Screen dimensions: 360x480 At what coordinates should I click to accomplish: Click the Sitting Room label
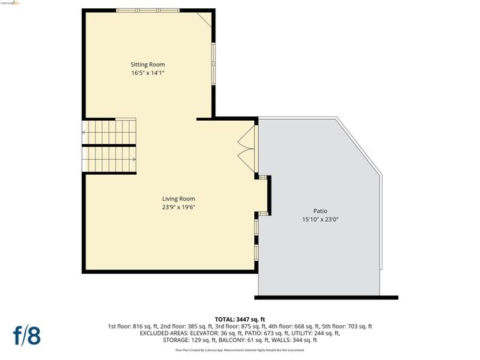(x=147, y=64)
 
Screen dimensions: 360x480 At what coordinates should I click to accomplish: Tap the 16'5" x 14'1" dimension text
(x=147, y=73)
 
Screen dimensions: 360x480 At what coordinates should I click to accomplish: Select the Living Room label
(x=178, y=199)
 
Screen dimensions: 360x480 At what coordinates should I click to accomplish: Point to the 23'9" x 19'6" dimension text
(x=178, y=207)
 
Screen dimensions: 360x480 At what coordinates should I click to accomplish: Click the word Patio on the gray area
(x=319, y=211)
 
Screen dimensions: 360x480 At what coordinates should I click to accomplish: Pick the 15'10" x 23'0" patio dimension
(x=319, y=220)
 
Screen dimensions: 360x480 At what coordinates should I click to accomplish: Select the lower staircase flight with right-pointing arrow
(x=109, y=158)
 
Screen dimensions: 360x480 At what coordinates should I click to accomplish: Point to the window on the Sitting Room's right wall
(x=214, y=64)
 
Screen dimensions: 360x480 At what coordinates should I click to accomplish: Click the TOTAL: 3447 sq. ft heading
(x=240, y=319)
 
